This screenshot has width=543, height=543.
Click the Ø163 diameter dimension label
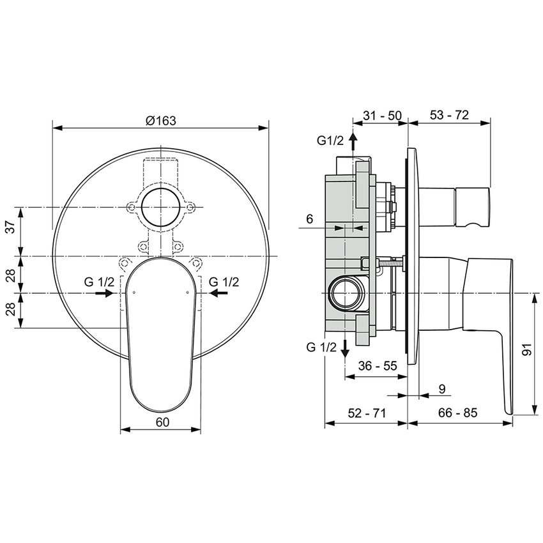click(x=160, y=119)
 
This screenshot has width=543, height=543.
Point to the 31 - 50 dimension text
click(x=381, y=115)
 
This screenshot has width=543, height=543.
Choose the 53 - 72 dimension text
click(x=449, y=115)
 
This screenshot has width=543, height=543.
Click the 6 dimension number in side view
click(x=309, y=218)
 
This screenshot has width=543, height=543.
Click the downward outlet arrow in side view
click(x=345, y=347)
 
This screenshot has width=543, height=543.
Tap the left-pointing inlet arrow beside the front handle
click(x=218, y=293)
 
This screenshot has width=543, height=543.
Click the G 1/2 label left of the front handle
click(x=99, y=281)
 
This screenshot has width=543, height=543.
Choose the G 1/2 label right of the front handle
click(x=224, y=281)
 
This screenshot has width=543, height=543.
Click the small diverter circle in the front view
click(x=160, y=207)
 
